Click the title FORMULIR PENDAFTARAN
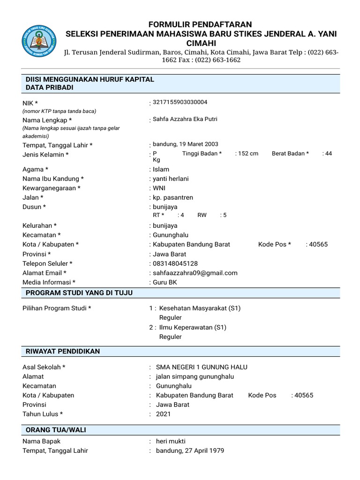(201, 24)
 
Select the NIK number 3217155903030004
(180, 102)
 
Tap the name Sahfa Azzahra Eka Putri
(185, 119)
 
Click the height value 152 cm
(248, 154)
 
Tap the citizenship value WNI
(160, 188)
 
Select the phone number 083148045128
(175, 263)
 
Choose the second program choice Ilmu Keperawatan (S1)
(193, 327)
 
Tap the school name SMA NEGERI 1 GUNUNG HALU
(202, 367)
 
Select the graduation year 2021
(163, 414)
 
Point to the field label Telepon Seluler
(47, 263)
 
